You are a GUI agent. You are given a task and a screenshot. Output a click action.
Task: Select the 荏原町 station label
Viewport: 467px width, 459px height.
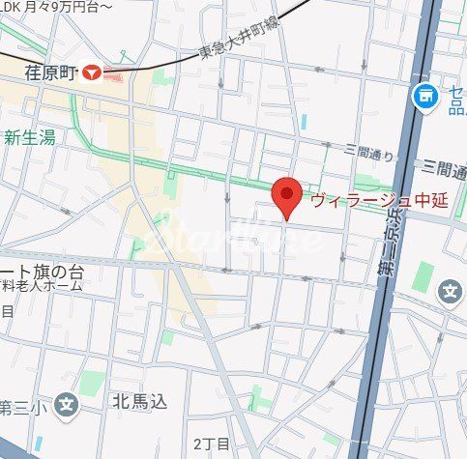point(50,71)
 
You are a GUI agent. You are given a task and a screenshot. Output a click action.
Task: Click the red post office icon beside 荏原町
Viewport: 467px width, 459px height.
point(93,72)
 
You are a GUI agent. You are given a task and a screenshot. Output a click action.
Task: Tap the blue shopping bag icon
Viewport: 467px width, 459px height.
point(423,95)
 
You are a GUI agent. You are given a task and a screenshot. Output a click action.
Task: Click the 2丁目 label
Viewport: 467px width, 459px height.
point(210,444)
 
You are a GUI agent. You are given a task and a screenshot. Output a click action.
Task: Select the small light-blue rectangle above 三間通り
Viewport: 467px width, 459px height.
point(304,123)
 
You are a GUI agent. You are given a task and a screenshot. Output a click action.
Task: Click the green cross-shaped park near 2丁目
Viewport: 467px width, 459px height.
point(255,397)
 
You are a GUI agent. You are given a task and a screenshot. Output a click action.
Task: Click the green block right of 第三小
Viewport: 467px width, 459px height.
point(94,383)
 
